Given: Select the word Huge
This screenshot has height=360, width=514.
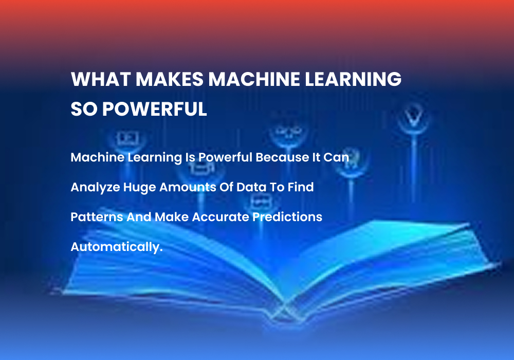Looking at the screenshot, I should coord(139,187).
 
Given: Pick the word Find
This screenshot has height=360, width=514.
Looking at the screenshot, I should coord(301,187).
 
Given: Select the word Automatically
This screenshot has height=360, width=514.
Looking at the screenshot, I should coord(116,247).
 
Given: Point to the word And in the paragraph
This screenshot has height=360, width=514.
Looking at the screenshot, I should coord(139,217).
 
